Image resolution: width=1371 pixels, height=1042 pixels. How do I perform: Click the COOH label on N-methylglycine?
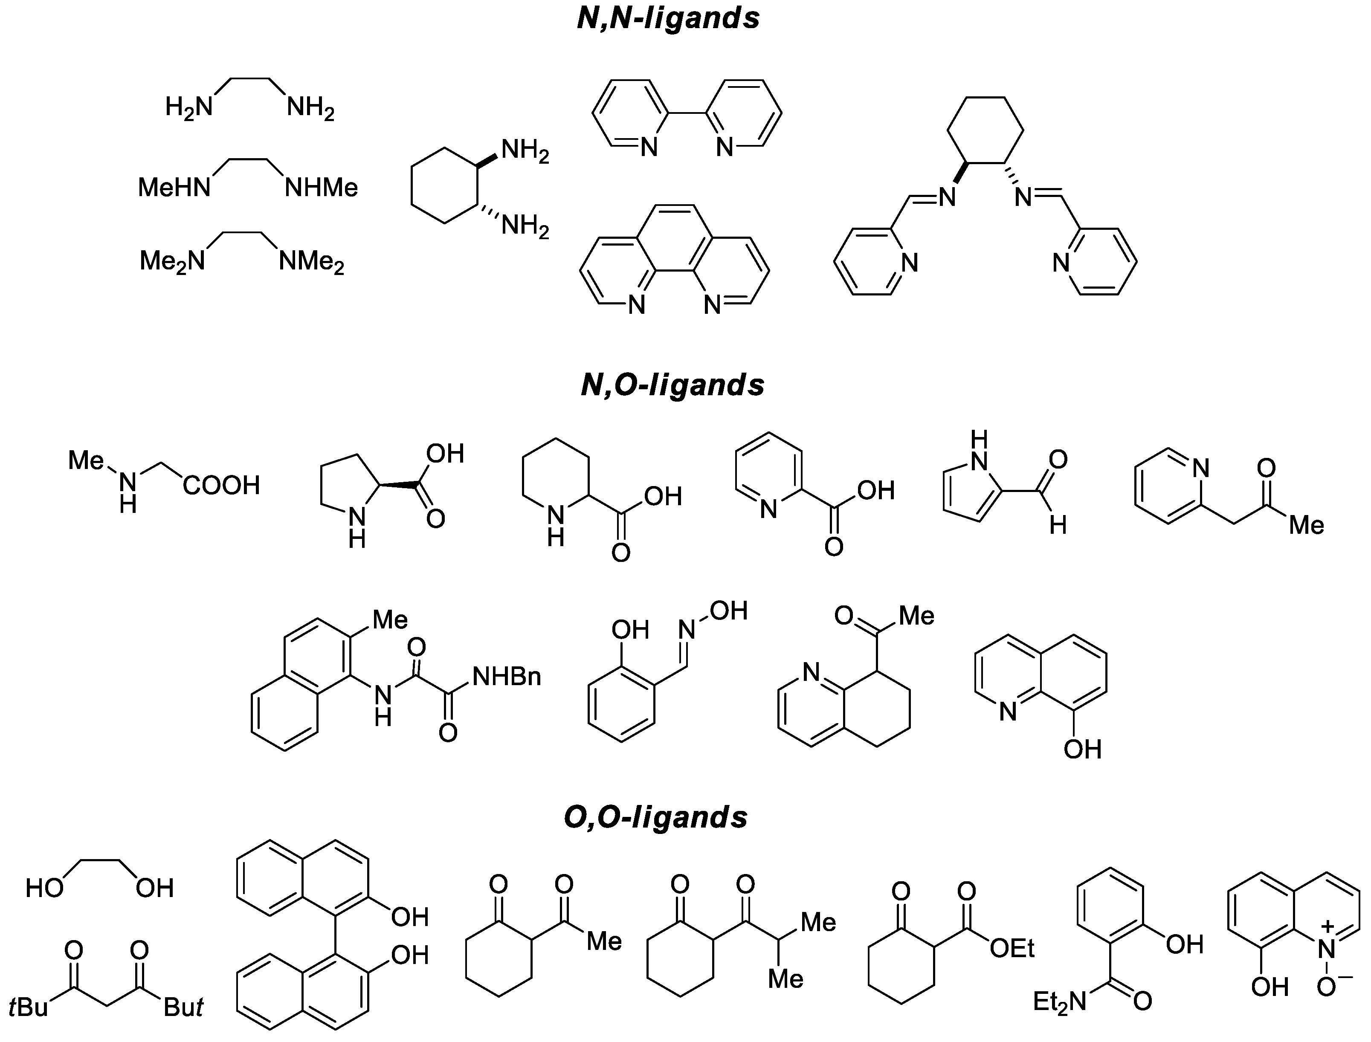coord(221,486)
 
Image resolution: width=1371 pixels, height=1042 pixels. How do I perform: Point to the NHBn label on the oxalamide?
coord(507,677)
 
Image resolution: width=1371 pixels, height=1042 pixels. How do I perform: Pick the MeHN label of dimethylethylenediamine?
coord(174,187)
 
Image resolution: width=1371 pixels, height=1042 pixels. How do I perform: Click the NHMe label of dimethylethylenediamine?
coord(322,187)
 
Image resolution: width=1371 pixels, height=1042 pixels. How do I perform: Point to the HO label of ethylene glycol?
coord(45,888)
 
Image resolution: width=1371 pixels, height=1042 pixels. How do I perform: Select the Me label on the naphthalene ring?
coord(390,619)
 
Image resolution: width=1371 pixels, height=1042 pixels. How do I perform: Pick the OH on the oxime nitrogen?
coord(728,611)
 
